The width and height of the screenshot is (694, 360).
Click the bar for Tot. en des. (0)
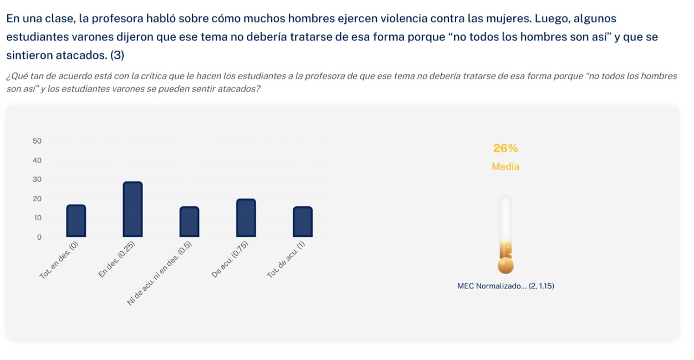pos(76,221)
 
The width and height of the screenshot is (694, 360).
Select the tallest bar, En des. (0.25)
pos(132,209)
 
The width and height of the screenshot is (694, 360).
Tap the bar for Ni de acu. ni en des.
pos(189,221)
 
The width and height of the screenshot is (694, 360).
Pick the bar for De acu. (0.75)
pos(246,217)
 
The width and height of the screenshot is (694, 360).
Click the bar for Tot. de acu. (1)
pos(302,221)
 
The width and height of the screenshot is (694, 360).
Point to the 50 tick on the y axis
pos(37,141)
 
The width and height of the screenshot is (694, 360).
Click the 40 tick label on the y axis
pos(37,160)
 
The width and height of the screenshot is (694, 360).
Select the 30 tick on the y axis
pos(37,180)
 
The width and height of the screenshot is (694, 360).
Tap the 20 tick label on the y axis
pos(37,199)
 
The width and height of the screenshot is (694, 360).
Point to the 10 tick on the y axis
pos(37,218)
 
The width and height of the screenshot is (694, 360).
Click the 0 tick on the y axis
pos(39,237)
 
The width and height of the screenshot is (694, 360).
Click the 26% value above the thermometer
pos(505,149)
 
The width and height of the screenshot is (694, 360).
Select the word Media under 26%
pos(505,166)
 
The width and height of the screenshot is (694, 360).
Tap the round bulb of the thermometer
pos(506,266)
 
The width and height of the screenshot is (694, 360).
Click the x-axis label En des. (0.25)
pos(116,260)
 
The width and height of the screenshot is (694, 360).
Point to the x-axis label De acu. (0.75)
pos(230,260)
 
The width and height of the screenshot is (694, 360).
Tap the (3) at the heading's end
pos(117,55)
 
